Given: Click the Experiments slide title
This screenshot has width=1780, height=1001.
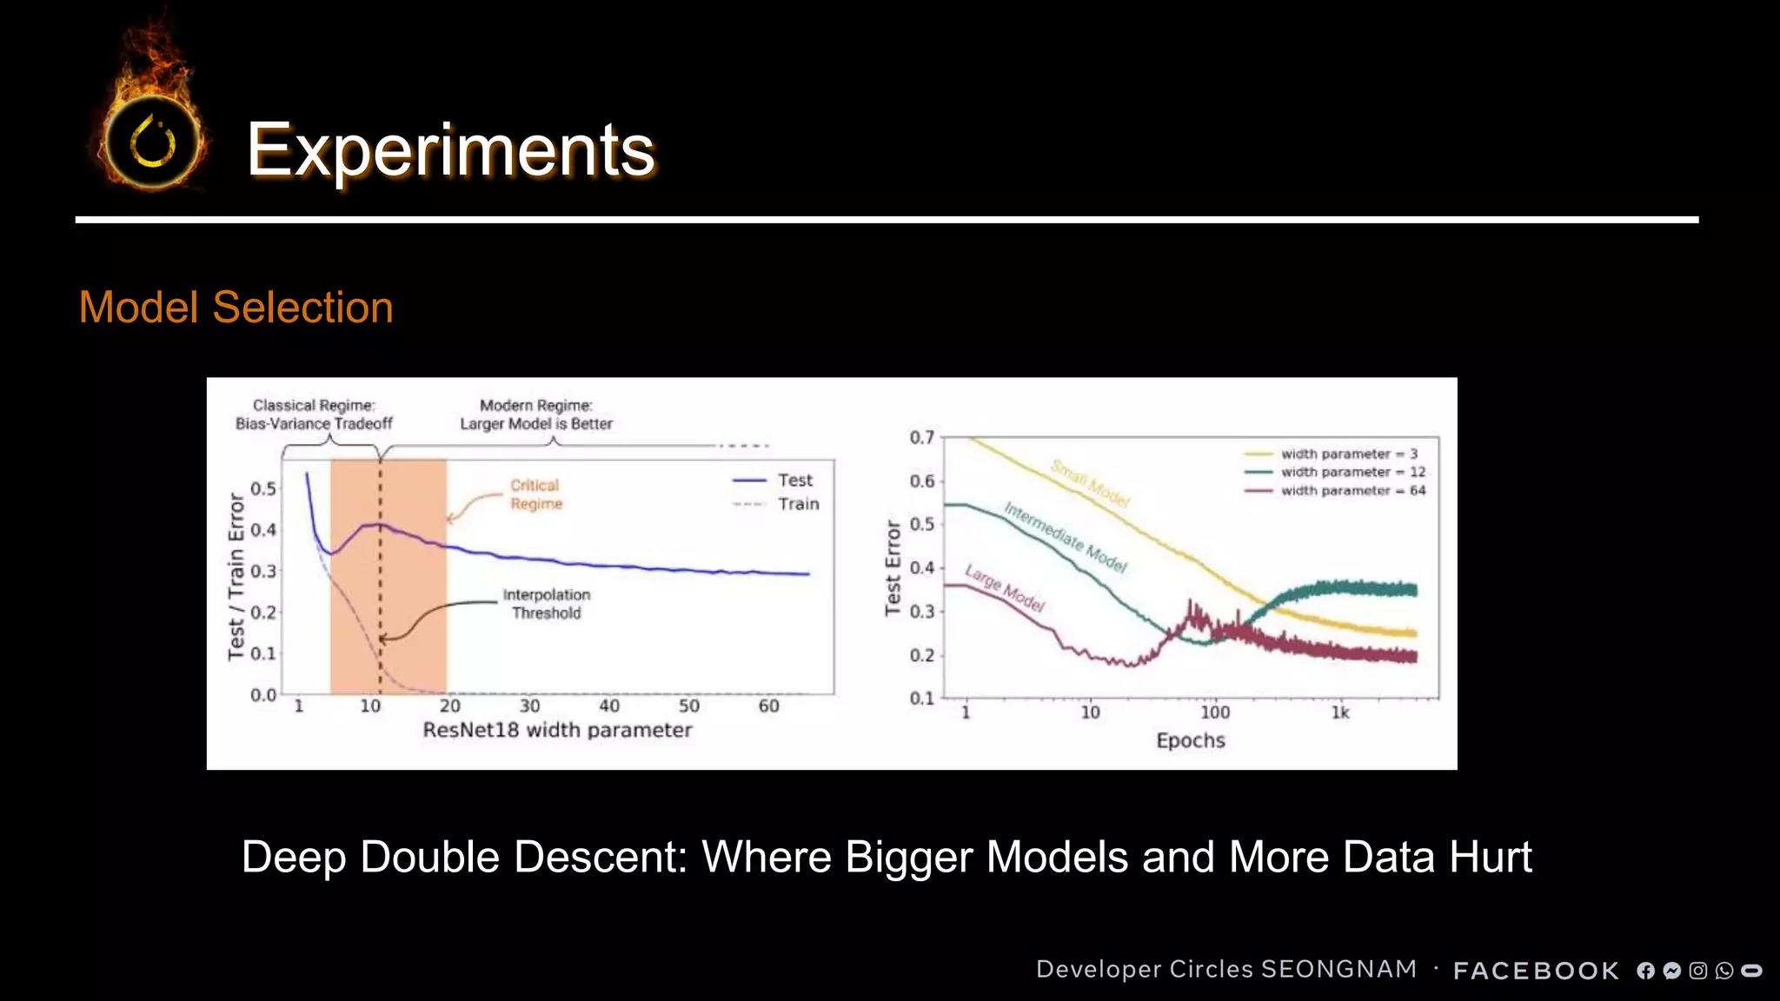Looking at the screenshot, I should tap(450, 150).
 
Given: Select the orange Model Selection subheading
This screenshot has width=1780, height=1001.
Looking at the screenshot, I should tap(236, 308).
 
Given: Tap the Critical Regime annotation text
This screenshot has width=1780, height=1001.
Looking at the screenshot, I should tap(535, 494).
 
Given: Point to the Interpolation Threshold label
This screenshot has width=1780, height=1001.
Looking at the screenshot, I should tap(546, 604).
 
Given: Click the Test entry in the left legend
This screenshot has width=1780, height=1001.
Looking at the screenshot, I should tap(794, 481).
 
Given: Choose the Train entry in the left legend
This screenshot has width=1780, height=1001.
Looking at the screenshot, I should tap(798, 504).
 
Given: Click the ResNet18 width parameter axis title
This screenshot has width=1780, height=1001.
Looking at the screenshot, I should tap(557, 730).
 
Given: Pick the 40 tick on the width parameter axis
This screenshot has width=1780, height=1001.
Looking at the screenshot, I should tap(609, 706).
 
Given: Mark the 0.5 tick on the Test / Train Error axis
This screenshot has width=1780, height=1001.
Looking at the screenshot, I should tap(263, 488).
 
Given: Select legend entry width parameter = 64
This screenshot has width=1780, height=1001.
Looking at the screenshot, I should tap(1352, 491).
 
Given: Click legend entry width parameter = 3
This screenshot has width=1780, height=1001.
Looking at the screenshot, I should tap(1348, 454).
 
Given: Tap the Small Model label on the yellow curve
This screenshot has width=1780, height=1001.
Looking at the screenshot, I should tap(1090, 483).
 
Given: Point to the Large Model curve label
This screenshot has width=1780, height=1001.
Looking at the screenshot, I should tap(1005, 588).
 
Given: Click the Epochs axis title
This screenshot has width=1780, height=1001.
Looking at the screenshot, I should tap(1190, 740).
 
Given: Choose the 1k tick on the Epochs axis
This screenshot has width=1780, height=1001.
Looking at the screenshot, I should tap(1340, 713).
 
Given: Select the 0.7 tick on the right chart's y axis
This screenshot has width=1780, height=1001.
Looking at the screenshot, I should tap(921, 437).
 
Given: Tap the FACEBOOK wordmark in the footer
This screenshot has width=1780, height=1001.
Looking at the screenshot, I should tap(1536, 971).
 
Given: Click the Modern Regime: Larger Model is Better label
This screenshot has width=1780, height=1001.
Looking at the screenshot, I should tap(536, 414).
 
